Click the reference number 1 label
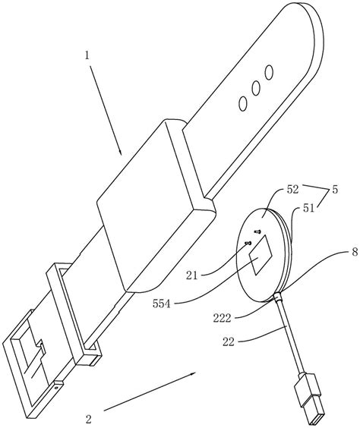pyautogui.click(x=87, y=56)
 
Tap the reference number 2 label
pyautogui.click(x=88, y=419)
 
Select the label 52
pyautogui.click(x=293, y=190)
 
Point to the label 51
pyautogui.click(x=308, y=209)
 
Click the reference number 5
pyautogui.click(x=335, y=190)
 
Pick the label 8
pyautogui.click(x=355, y=252)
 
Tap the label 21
pyautogui.click(x=191, y=275)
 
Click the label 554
pyautogui.click(x=162, y=304)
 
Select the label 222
pyautogui.click(x=222, y=318)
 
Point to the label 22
pyautogui.click(x=229, y=341)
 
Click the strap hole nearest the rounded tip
pyautogui.click(x=269, y=72)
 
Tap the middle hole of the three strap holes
pyautogui.click(x=256, y=88)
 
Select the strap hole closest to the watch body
pyautogui.click(x=242, y=103)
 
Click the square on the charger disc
pyautogui.click(x=261, y=255)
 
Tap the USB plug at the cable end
pyautogui.click(x=311, y=398)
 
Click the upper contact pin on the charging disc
pyautogui.click(x=257, y=231)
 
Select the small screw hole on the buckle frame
pyautogui.click(x=57, y=387)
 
